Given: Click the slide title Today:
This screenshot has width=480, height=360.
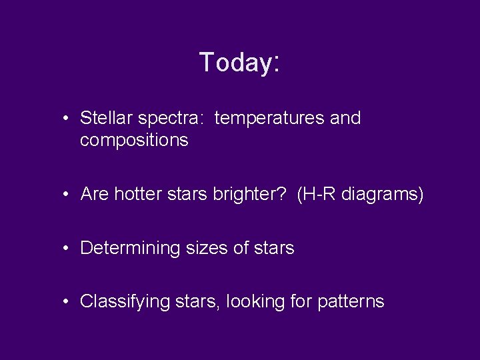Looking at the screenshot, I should [x=239, y=62].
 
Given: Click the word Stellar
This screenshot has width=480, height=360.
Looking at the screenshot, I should [x=106, y=119].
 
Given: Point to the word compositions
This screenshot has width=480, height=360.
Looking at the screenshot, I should [x=134, y=141].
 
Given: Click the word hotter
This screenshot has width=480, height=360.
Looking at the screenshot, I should [x=137, y=195].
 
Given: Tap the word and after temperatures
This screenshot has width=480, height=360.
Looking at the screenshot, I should [x=345, y=119].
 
